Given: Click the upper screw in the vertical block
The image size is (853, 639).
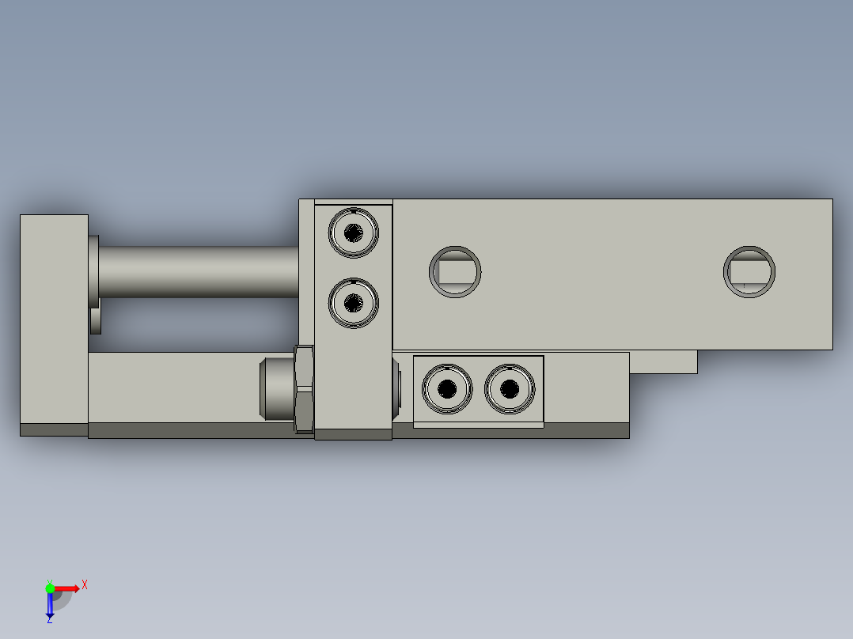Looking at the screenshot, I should coord(354,233).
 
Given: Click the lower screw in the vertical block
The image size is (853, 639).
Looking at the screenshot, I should coord(354,302).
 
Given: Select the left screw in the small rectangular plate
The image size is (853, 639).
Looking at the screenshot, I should coord(447,388).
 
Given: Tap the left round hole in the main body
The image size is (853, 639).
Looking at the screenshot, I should coord(455,272).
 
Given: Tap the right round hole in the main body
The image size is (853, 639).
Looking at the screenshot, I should coord(749,272).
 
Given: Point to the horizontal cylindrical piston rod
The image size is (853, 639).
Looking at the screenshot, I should coord(198,272).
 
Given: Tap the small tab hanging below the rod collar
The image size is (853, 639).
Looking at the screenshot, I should coord(96,321).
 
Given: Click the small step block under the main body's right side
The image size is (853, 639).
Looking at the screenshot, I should coord(663,361).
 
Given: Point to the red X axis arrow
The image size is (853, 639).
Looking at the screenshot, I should coord(67,588).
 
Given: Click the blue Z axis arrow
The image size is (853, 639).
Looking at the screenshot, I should coord(50,605).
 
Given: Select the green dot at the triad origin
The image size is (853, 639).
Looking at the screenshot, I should coord(50,588).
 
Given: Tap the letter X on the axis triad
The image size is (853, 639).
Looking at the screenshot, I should coord(85,585).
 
